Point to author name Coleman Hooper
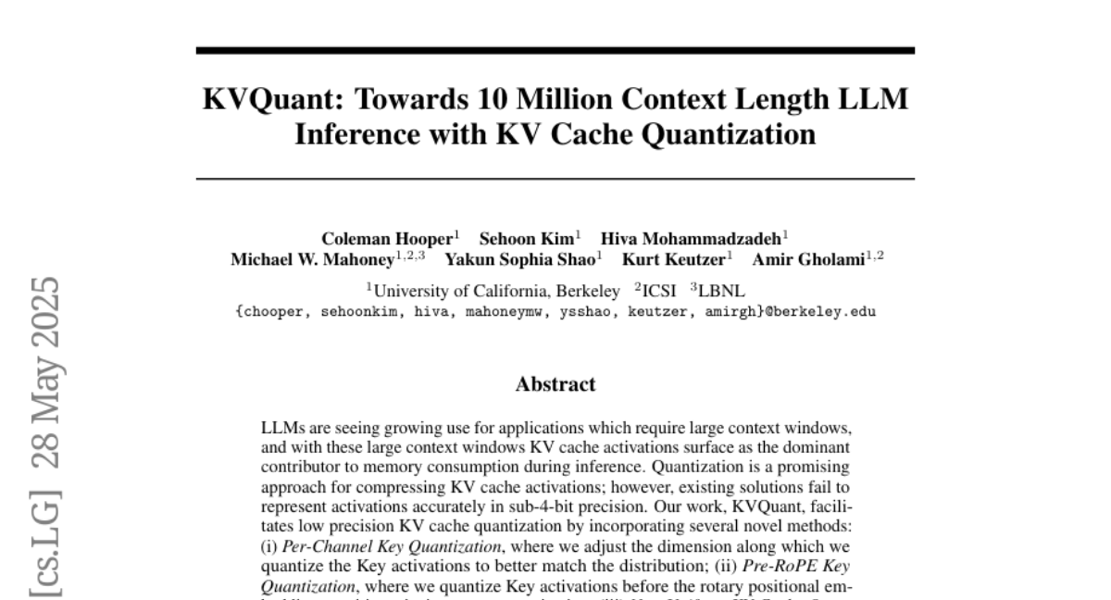[385, 239]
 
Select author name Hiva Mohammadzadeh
[691, 239]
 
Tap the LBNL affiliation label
[722, 291]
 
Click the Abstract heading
[555, 383]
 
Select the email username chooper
[273, 312]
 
